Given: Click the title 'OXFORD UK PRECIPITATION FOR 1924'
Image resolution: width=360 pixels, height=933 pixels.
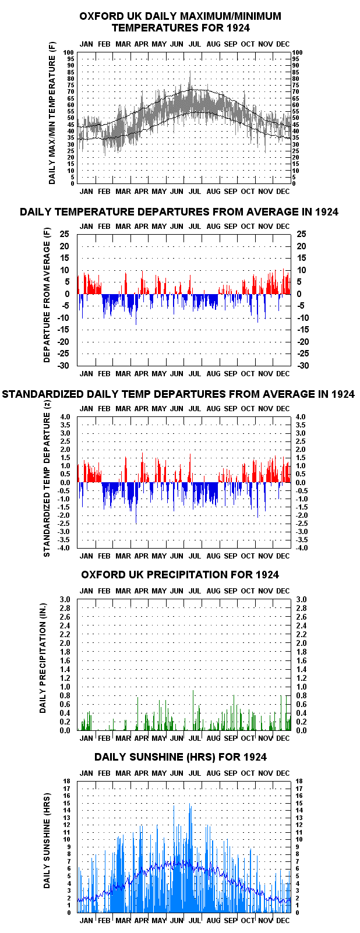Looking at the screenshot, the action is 179,574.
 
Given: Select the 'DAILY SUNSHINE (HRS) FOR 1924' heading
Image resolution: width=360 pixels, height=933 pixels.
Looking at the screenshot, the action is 181,757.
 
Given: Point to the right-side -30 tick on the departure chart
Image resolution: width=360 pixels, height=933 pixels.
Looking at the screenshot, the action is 302,366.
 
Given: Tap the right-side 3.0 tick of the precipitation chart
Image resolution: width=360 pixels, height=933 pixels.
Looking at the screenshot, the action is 301,599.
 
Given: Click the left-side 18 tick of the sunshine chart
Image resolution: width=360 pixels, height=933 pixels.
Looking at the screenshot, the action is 67,781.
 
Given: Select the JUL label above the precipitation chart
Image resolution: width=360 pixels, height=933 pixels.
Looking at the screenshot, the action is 195,591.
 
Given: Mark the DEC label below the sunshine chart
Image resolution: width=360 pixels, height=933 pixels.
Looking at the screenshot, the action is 283,920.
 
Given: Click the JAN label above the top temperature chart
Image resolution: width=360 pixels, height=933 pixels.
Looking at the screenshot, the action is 86,44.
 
